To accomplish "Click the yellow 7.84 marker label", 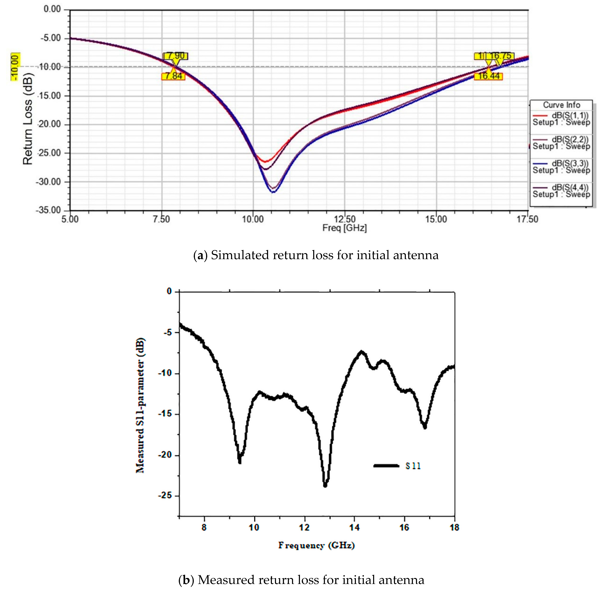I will [x=173, y=76].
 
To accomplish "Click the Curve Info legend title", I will [x=561, y=105].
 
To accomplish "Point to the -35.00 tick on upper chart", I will [x=48, y=210].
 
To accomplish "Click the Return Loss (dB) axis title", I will [x=28, y=119].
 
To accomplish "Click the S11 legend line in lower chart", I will [x=386, y=465].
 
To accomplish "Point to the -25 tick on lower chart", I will [x=165, y=495].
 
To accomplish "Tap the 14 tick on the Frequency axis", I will [x=354, y=527].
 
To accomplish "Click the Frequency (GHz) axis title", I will [x=316, y=545].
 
